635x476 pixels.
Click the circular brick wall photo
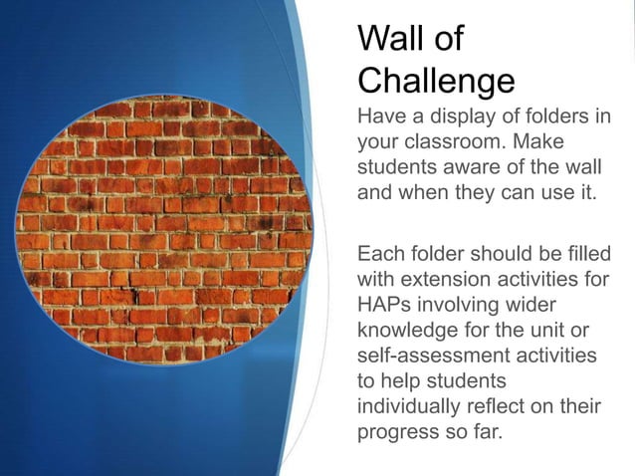(164, 229)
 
